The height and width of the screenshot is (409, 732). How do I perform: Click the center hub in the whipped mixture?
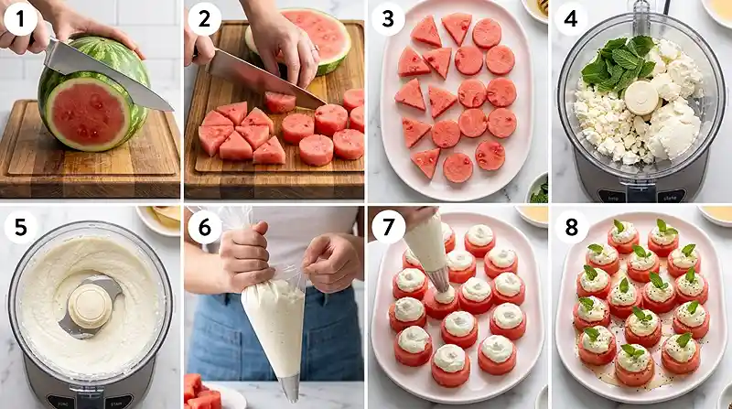point(89,305)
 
